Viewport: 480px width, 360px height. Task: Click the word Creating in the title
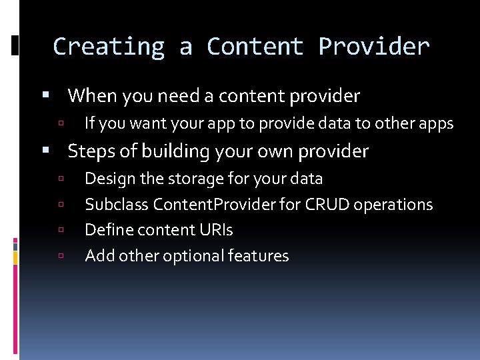(108, 47)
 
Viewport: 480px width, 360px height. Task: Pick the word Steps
(92, 151)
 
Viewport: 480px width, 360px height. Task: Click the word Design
(107, 179)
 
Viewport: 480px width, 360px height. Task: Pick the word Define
(104, 230)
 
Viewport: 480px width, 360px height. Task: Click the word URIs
(217, 230)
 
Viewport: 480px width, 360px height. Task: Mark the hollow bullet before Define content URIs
(61, 231)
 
